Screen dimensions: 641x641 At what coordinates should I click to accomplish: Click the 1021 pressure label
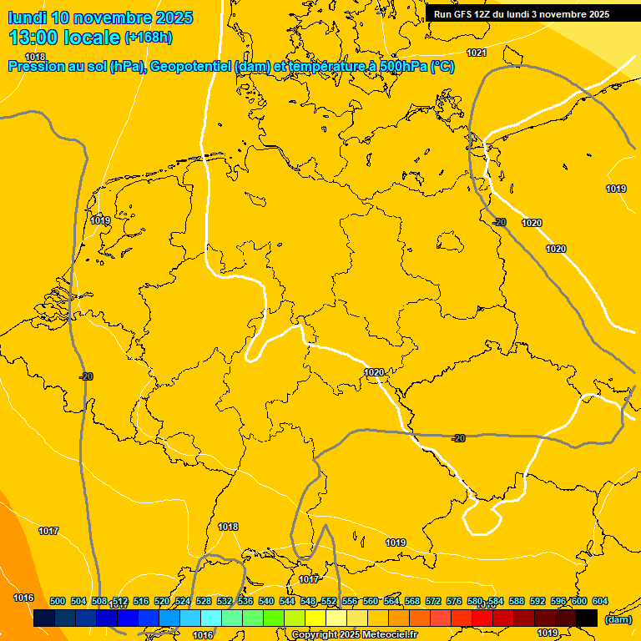pos(477,53)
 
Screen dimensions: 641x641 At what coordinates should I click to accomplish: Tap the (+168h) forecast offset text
pos(149,37)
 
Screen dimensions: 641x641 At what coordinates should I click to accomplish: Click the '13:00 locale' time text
pos(64,37)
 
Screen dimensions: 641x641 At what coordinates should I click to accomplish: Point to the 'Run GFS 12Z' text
pos(465,14)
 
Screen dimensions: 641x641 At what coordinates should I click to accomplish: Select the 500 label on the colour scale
pos(58,601)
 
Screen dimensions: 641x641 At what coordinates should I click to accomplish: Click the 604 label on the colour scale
pos(599,601)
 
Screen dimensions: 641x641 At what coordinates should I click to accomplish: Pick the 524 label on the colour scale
pos(183,601)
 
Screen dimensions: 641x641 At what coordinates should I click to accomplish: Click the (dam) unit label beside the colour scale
pos(618,618)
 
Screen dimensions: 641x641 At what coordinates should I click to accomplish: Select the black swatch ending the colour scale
pos(586,618)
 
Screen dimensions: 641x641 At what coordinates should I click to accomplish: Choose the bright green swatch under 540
pos(273,618)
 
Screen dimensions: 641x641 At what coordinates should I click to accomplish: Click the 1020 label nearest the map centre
pos(374,372)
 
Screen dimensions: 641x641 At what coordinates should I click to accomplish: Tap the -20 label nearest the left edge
pos(85,376)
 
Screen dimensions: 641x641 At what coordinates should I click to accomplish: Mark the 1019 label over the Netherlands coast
pos(101,220)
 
